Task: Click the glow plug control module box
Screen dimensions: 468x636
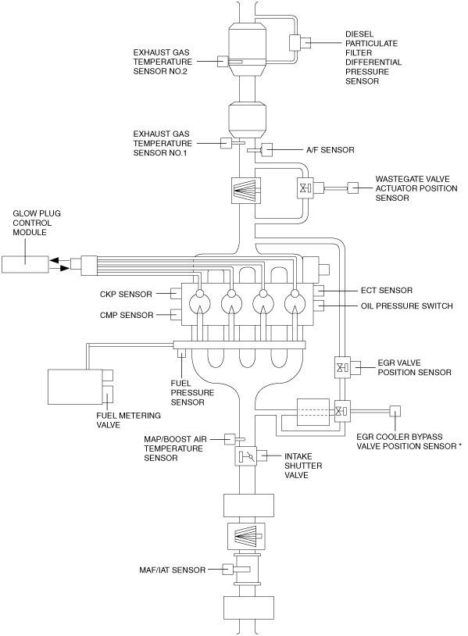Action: click(25, 264)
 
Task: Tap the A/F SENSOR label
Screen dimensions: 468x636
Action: click(330, 150)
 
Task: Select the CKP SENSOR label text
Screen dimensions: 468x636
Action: click(126, 294)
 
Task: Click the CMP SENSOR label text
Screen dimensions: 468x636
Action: click(127, 315)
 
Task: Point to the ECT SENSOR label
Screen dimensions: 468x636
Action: click(387, 291)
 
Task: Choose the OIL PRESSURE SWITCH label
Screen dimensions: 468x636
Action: click(407, 305)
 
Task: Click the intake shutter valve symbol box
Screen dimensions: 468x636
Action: click(246, 456)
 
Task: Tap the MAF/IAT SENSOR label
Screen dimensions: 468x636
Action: click(173, 570)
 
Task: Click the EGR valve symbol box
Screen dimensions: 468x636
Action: click(342, 367)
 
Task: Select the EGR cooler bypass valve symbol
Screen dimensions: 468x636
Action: click(342, 411)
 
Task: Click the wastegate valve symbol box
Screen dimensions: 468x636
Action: click(305, 188)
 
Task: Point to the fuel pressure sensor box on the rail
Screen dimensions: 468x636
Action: click(181, 353)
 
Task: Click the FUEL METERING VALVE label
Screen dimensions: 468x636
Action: click(129, 420)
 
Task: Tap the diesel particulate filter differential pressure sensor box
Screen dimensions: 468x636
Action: click(295, 42)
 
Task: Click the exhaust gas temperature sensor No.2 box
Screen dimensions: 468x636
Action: click(223, 61)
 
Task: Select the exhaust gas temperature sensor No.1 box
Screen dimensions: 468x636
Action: click(226, 143)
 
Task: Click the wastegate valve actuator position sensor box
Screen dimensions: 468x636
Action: click(353, 188)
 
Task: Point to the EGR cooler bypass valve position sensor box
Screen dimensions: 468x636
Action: click(395, 411)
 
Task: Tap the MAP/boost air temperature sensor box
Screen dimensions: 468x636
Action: click(230, 439)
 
